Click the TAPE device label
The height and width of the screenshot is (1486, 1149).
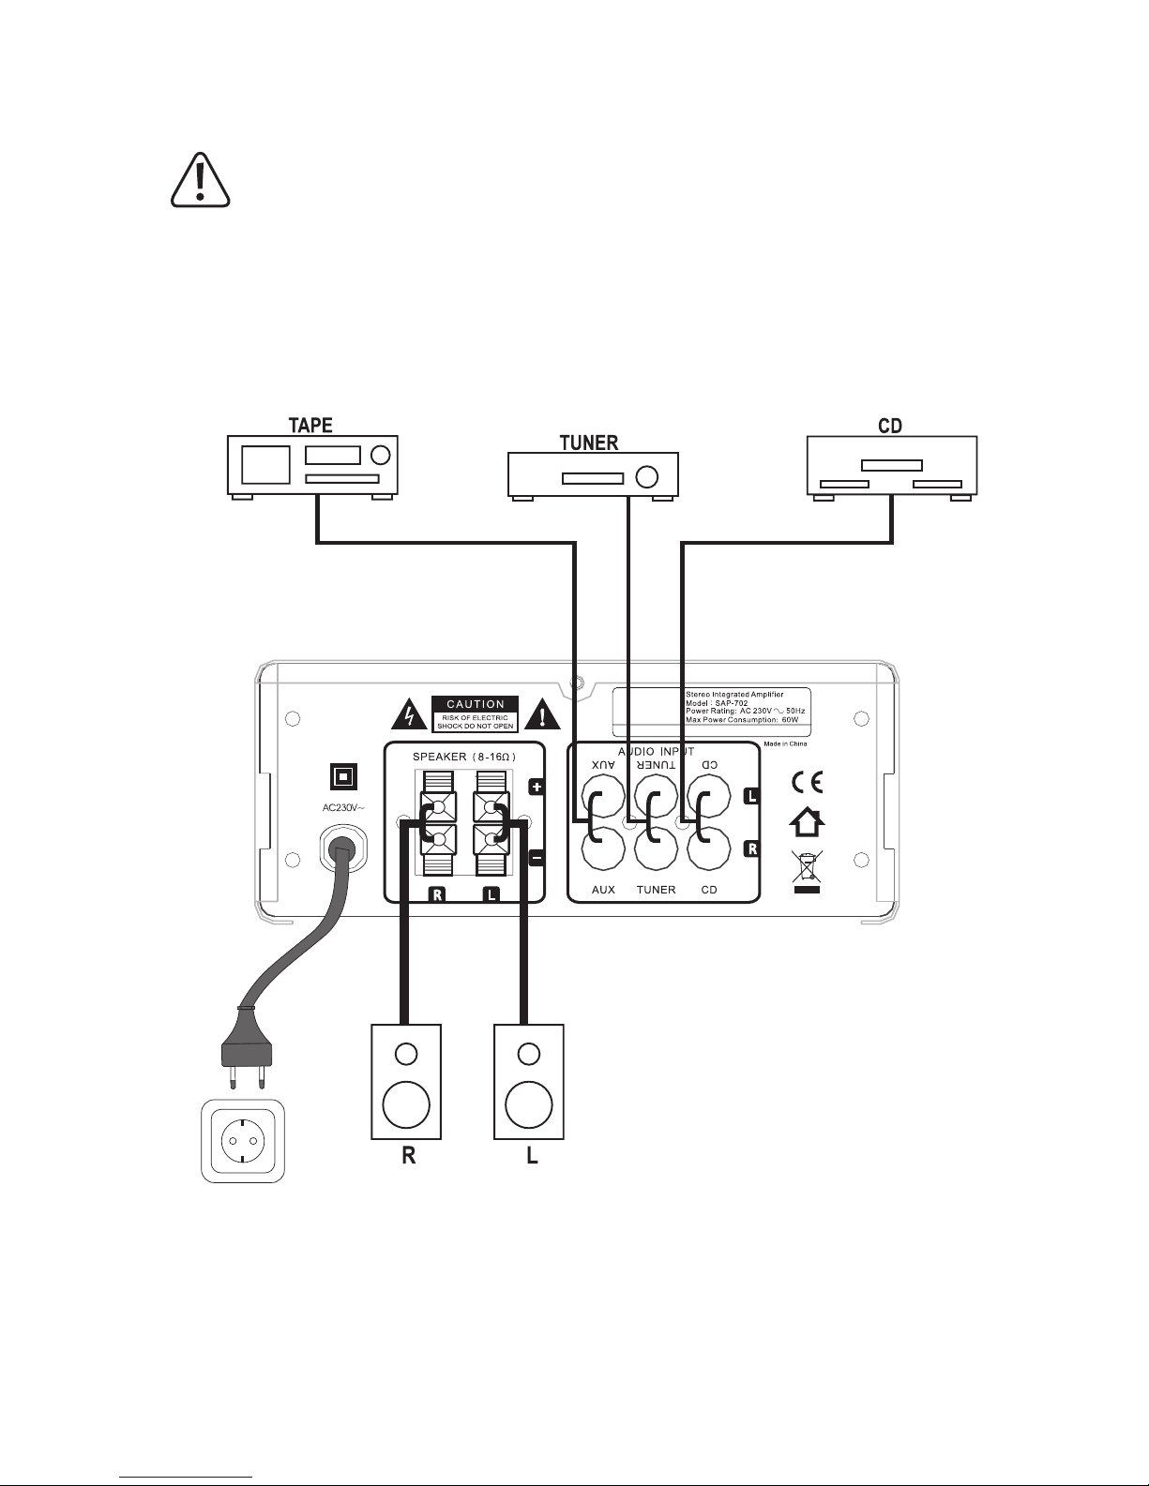(310, 425)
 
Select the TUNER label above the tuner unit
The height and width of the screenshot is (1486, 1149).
(589, 443)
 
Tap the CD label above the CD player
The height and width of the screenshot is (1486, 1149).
(890, 426)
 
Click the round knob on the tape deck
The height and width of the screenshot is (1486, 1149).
(379, 456)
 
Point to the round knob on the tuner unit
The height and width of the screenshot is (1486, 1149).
(646, 476)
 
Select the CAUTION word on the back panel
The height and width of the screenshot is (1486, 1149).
(476, 703)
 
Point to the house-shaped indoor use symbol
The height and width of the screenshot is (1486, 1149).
(808, 823)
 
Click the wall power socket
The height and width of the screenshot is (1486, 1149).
(242, 1140)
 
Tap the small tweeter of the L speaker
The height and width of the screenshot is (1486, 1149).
(529, 1054)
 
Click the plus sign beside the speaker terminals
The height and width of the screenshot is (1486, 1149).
(537, 788)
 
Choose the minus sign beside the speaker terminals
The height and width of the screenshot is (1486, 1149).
(537, 856)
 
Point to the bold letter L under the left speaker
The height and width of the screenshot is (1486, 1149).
(532, 1156)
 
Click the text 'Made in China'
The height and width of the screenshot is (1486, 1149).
(785, 743)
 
